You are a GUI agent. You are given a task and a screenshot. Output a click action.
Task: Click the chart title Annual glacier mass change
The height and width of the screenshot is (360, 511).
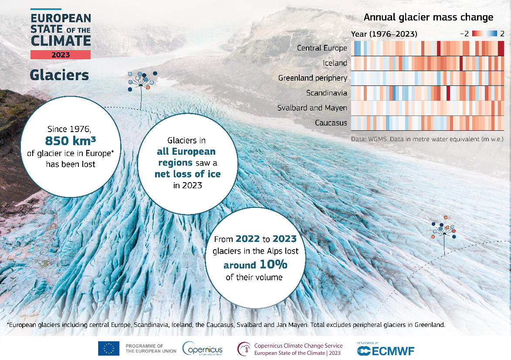tap(428, 17)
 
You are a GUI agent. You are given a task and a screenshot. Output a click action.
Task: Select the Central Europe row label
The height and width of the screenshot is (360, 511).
tap(322, 48)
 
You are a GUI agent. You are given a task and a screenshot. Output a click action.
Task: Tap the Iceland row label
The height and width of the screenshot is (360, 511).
tap(335, 63)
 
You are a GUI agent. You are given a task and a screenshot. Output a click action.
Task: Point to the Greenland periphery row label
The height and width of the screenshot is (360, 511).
tap(313, 78)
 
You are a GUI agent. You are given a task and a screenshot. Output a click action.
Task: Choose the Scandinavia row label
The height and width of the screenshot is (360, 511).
tap(326, 93)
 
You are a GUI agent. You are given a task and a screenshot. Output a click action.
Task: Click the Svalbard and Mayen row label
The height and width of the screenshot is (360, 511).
tap(312, 108)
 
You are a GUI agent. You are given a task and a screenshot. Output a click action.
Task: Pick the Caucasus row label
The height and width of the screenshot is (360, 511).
tap(331, 122)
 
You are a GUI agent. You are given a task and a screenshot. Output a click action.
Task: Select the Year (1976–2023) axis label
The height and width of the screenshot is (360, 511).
tap(384, 34)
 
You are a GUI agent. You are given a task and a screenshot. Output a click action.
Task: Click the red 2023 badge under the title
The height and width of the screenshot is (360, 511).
tap(61, 55)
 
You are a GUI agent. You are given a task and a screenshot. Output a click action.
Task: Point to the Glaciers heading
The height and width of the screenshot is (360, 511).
tap(59, 75)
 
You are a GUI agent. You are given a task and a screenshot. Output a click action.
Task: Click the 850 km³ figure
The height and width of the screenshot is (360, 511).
tap(70, 140)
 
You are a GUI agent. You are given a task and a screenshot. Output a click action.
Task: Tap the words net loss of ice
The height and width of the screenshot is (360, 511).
tap(188, 174)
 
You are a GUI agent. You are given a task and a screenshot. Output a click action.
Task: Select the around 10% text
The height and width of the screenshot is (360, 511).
tap(256, 265)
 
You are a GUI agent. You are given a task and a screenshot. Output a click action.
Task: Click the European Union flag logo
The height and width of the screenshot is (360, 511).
tap(109, 349)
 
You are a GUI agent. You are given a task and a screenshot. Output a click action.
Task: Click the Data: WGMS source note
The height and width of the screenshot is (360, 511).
tap(427, 139)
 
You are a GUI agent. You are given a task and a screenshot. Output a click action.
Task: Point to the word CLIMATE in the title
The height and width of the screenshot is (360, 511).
tap(61, 41)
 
